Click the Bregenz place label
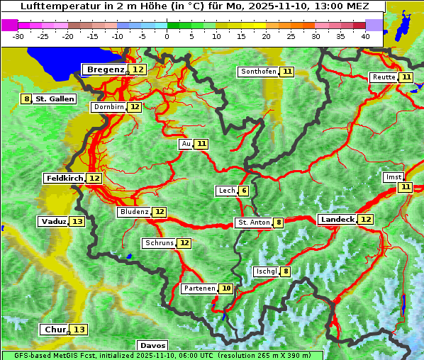pyautogui.click(x=106, y=69)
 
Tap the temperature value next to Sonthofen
pyautogui.click(x=287, y=72)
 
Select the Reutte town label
pyautogui.click(x=384, y=77)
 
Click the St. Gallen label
pyautogui.click(x=55, y=99)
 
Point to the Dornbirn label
pyautogui.click(x=108, y=107)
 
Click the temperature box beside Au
pyautogui.click(x=202, y=144)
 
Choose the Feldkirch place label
pyautogui.click(x=65, y=179)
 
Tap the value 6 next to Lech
pyautogui.click(x=244, y=191)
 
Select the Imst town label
pyautogui.click(x=393, y=177)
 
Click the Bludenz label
pyautogui.click(x=134, y=212)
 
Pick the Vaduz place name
pyautogui.click(x=54, y=222)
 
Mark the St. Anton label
pyautogui.click(x=254, y=223)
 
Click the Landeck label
pyautogui.click(x=337, y=220)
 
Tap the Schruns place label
pyautogui.click(x=159, y=243)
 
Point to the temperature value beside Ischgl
pyautogui.click(x=286, y=271)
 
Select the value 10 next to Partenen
pyautogui.click(x=226, y=288)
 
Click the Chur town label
pyautogui.click(x=55, y=330)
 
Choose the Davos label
pyautogui.click(x=152, y=346)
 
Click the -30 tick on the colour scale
pyautogui.click(x=18, y=36)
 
